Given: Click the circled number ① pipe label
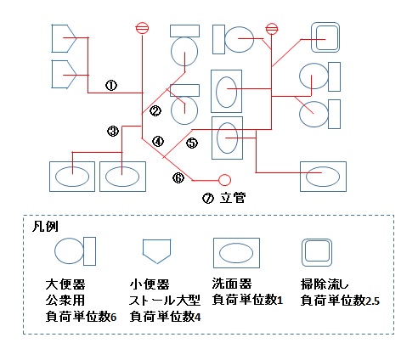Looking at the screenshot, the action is pyautogui.click(x=111, y=85).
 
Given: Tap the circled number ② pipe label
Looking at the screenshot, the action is pyautogui.click(x=155, y=110).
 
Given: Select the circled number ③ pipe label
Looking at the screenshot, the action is pyautogui.click(x=113, y=131).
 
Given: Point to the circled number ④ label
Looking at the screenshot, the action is pyautogui.click(x=158, y=141).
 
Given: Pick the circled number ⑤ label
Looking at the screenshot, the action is pyautogui.click(x=192, y=143).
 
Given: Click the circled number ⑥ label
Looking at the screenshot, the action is pyautogui.click(x=178, y=177).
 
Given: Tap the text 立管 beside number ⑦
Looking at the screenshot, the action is pyautogui.click(x=233, y=198).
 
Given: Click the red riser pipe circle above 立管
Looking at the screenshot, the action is pyautogui.click(x=225, y=180).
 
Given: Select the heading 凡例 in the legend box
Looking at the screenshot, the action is pyautogui.click(x=45, y=227).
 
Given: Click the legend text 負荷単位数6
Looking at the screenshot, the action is pyautogui.click(x=81, y=317).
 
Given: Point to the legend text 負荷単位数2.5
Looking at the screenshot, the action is pyautogui.click(x=340, y=301).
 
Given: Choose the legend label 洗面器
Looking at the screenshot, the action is pyautogui.click(x=232, y=284).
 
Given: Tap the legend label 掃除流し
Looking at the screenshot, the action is pyautogui.click(x=325, y=284).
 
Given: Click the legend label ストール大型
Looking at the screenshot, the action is pyautogui.click(x=165, y=301).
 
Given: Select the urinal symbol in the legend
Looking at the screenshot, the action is pyautogui.click(x=156, y=251).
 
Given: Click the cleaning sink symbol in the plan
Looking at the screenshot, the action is pyautogui.click(x=325, y=37).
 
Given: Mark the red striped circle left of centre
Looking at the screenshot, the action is pyautogui.click(x=142, y=28).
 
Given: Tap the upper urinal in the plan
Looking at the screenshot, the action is pyautogui.click(x=64, y=38).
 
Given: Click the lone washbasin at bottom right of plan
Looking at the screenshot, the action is pyautogui.click(x=323, y=177).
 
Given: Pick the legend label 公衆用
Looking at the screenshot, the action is pyautogui.click(x=65, y=300).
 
